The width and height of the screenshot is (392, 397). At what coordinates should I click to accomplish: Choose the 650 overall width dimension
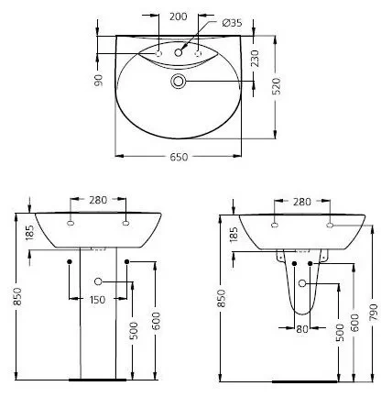tap(179, 158)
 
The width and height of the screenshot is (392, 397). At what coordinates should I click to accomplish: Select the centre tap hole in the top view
tap(179, 56)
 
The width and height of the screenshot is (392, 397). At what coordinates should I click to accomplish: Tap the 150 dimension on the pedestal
tap(98, 299)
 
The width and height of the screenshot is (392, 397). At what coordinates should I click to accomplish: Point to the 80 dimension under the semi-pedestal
tap(301, 327)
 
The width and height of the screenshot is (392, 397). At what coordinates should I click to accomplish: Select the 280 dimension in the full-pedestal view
tap(98, 200)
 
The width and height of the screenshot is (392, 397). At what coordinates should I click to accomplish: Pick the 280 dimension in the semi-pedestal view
tap(301, 200)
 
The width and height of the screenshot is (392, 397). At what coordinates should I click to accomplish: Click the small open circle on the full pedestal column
tap(98, 281)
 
